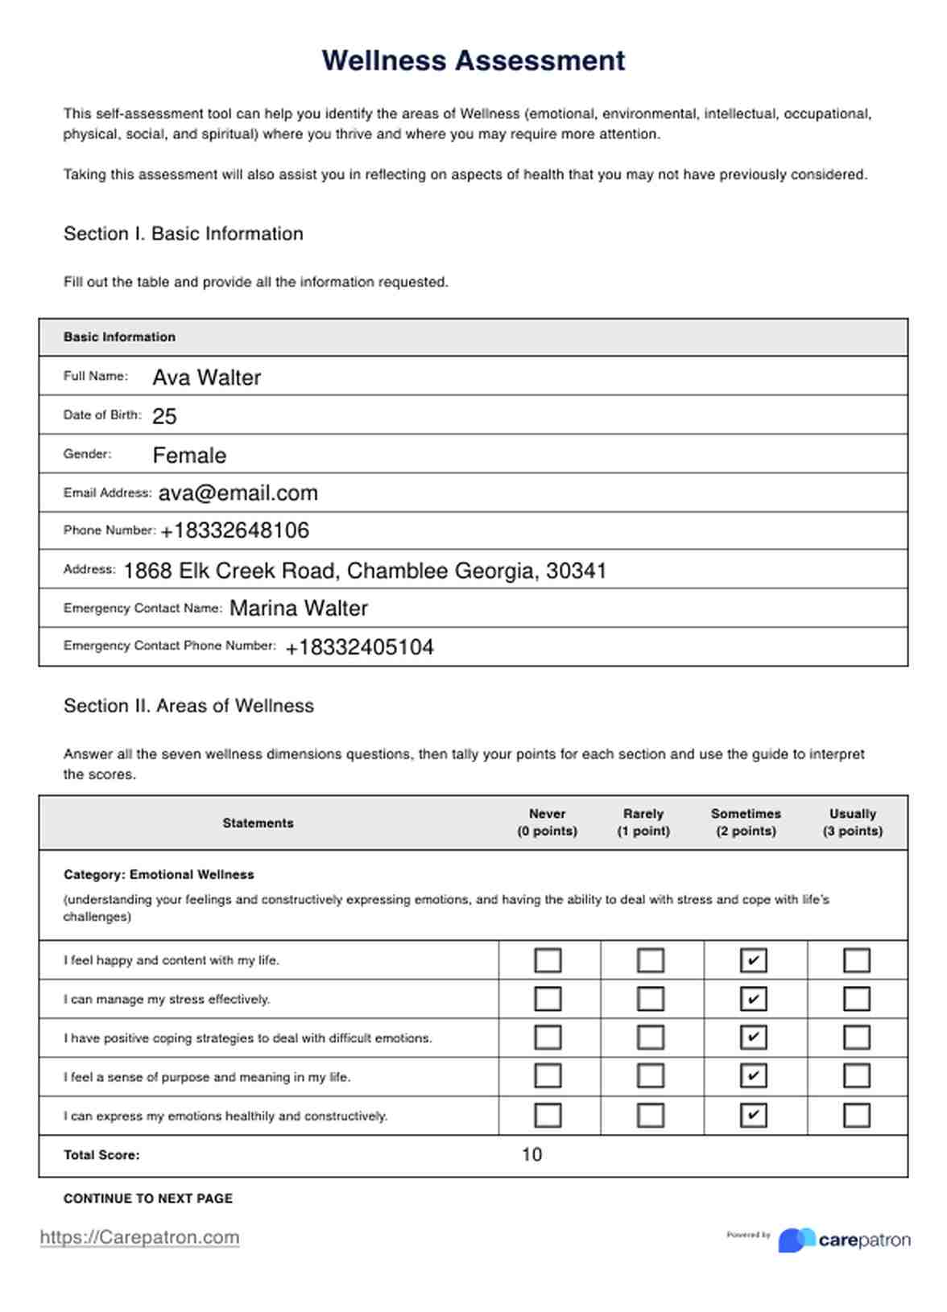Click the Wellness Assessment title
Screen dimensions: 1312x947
[x=473, y=60]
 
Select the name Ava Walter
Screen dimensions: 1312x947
[x=207, y=378]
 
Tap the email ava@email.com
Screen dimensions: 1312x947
[x=238, y=493]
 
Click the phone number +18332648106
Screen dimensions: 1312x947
[x=235, y=530]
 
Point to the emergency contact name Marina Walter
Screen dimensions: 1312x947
[x=299, y=609]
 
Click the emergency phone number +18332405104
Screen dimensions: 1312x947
[x=360, y=647]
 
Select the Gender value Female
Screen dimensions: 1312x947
[x=189, y=456]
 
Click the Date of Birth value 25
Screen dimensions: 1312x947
[x=164, y=416]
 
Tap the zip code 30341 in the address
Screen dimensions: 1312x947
[x=576, y=571]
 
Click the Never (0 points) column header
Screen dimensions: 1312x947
[x=547, y=823]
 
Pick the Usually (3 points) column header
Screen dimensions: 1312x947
[x=852, y=823]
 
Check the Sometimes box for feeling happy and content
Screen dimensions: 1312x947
[x=753, y=960]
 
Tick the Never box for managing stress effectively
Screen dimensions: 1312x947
[x=548, y=999]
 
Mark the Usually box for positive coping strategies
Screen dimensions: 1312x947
[x=856, y=1038]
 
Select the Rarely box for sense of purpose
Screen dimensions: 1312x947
[x=651, y=1076]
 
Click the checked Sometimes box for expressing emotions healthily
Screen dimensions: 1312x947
[x=753, y=1115]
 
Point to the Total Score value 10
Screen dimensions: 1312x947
[x=531, y=1155]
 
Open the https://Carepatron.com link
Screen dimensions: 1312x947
[x=139, y=1237]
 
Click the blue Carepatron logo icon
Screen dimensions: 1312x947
[x=796, y=1240]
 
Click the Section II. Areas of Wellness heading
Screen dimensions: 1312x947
[x=188, y=706]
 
